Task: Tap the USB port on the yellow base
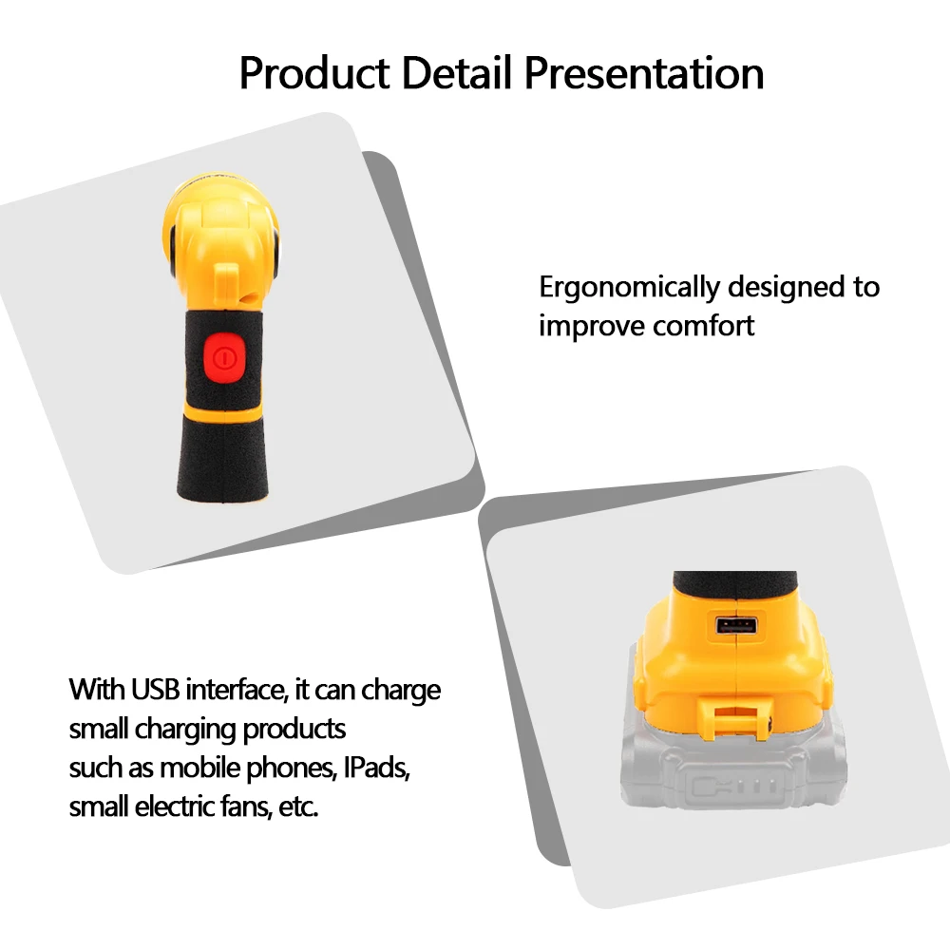[736, 625]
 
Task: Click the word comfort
[703, 326]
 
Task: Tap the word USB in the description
[155, 689]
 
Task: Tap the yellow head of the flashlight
[223, 228]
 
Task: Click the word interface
[236, 689]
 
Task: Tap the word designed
[782, 287]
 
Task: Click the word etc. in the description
[301, 807]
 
